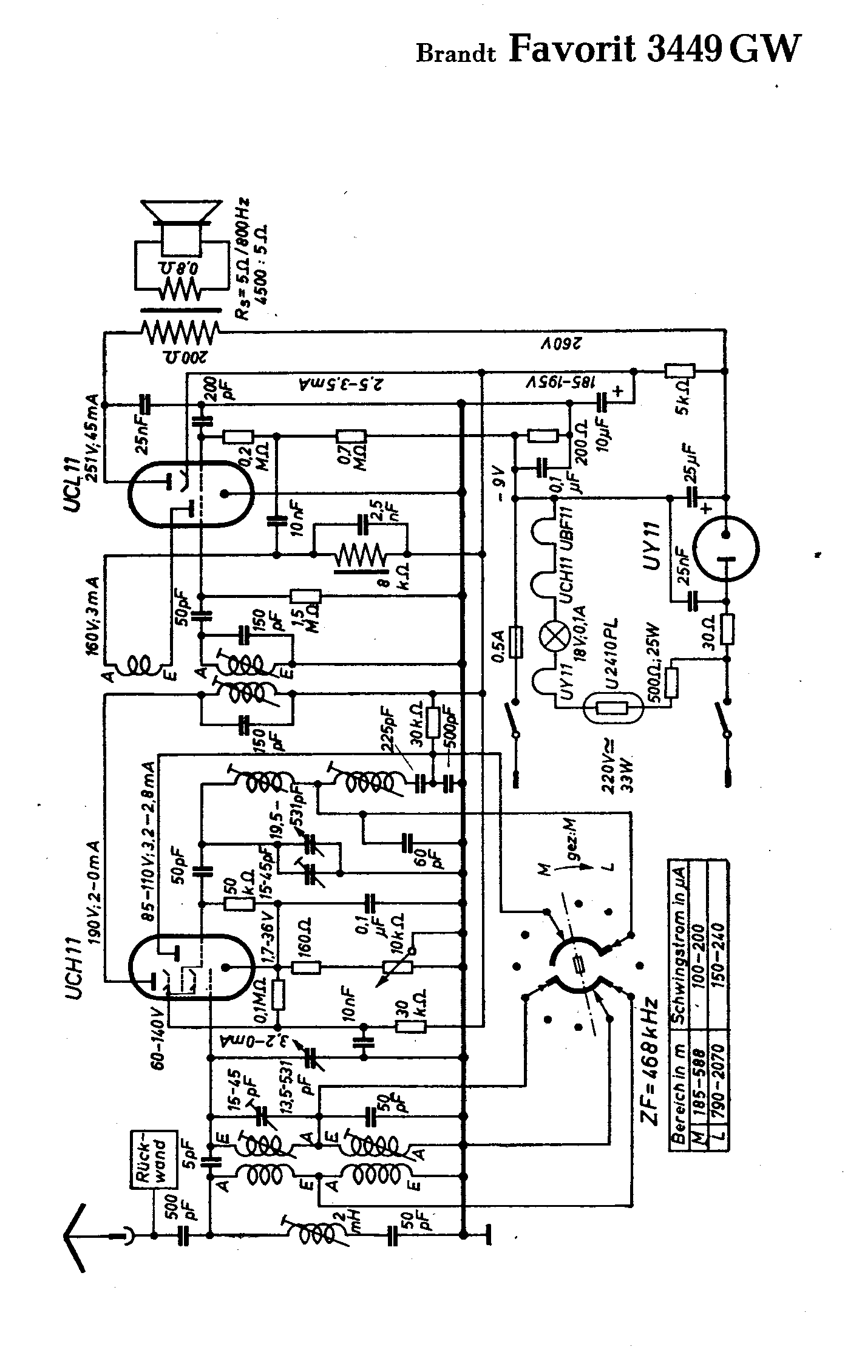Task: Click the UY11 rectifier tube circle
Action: [726, 551]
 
